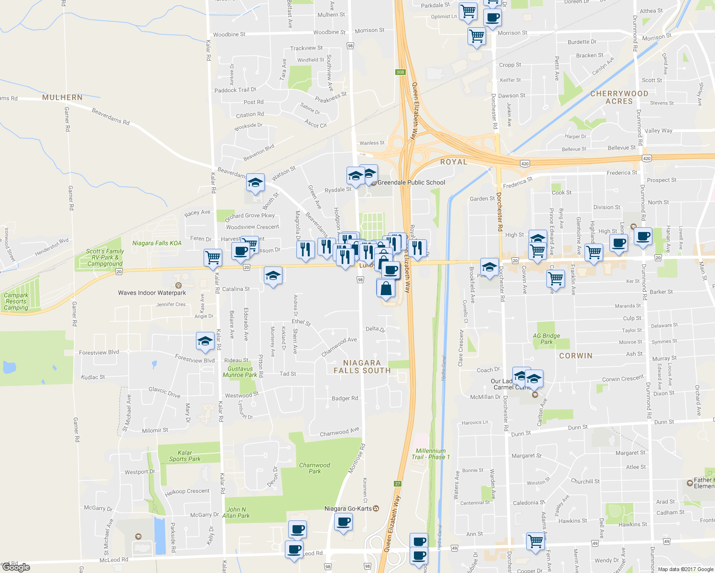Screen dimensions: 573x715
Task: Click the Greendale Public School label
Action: click(x=411, y=182)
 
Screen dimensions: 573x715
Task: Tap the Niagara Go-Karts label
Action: click(x=348, y=509)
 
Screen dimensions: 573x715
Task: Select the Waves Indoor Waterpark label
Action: click(x=152, y=293)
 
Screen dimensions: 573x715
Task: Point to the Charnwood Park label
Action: click(x=314, y=468)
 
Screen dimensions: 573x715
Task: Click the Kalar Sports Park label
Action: click(x=184, y=456)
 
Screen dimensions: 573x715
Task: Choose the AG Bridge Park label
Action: click(x=546, y=339)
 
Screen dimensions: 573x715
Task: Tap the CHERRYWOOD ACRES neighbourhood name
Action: click(x=619, y=97)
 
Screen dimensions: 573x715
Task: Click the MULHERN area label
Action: click(x=62, y=97)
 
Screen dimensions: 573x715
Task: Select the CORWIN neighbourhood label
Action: click(x=575, y=356)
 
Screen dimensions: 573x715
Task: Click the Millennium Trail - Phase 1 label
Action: click(x=431, y=454)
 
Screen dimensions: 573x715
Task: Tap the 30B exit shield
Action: click(x=400, y=72)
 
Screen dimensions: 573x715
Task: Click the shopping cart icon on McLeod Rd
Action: click(x=535, y=541)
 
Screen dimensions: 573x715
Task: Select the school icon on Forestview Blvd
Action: click(x=205, y=341)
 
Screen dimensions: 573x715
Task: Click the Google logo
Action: click(x=16, y=567)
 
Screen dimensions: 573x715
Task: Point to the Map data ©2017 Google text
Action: click(x=685, y=569)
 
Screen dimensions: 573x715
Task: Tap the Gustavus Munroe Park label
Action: click(x=240, y=371)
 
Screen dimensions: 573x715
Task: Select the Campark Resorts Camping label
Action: click(x=16, y=301)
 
